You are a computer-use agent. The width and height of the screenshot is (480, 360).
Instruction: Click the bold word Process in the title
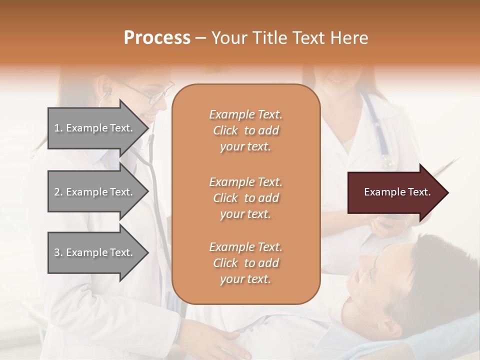[x=157, y=37]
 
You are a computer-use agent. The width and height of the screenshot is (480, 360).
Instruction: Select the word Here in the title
[x=349, y=37]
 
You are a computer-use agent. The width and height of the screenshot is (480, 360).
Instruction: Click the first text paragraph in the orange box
[x=245, y=130]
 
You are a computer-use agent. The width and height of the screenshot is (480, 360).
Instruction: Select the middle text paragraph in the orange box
[x=245, y=197]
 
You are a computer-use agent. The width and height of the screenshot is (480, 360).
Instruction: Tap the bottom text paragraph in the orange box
[x=245, y=263]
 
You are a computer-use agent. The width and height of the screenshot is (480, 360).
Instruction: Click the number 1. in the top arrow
[x=58, y=128]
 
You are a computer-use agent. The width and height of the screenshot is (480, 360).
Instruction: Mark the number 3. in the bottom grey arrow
[x=58, y=252]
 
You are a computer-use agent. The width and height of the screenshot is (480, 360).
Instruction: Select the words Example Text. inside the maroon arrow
[x=397, y=192]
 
